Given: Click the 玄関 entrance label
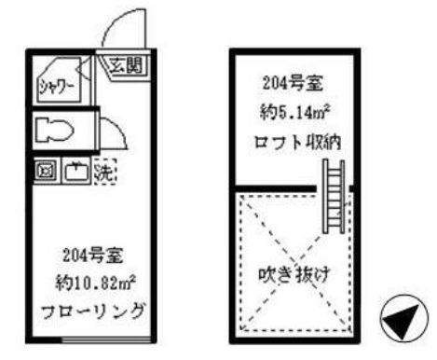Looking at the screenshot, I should [x=129, y=66].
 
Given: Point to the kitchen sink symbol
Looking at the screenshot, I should [x=75, y=171].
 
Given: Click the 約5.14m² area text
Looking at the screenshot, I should [x=293, y=115].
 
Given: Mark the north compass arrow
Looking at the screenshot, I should [x=402, y=323].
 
